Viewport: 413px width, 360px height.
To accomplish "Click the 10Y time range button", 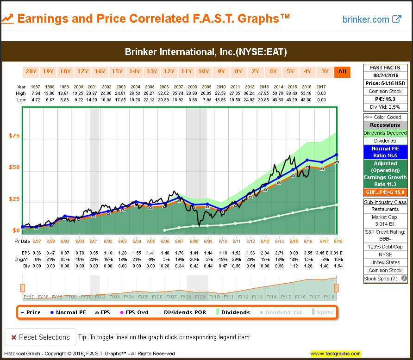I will [x=204, y=71].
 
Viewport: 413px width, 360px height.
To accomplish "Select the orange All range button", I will [x=342, y=71].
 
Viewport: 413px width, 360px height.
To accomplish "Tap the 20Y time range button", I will [x=31, y=71].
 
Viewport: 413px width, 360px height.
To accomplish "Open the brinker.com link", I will [x=371, y=19].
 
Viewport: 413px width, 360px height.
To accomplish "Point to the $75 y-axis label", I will [x=14, y=136].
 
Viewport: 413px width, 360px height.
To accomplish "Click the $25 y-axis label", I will [x=14, y=199].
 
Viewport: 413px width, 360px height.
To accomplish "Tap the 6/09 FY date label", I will [x=207, y=242].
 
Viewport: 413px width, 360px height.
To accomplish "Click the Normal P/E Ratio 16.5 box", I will [x=385, y=152].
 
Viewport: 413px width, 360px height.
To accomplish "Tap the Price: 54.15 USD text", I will [x=385, y=83].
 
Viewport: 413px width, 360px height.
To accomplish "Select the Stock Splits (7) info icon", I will [x=404, y=279].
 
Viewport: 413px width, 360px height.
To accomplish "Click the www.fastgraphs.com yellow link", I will [x=335, y=354].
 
